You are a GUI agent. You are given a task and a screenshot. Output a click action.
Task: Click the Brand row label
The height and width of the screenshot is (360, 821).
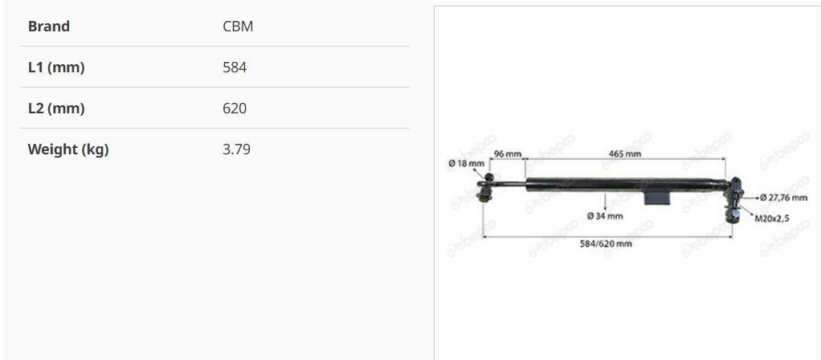tap(49, 27)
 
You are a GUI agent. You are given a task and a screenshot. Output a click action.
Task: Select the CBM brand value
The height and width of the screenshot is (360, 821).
tap(238, 27)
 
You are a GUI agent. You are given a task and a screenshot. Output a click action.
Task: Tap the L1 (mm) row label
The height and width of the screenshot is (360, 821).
tap(56, 67)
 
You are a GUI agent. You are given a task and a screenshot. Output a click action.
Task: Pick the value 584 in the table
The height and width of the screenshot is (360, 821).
tap(235, 67)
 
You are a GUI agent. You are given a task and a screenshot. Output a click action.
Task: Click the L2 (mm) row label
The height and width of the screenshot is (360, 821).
tap(56, 108)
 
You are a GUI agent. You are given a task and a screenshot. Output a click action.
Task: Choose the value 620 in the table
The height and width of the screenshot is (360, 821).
tap(235, 108)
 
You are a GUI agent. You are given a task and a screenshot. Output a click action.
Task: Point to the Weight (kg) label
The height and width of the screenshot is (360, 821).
tap(68, 149)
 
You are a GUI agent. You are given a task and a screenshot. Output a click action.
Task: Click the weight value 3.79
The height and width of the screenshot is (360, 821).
tap(237, 149)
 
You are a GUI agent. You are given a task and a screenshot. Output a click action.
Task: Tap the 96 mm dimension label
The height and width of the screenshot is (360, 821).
tap(508, 153)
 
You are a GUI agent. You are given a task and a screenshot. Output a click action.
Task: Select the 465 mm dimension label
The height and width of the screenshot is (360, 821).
tap(625, 153)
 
